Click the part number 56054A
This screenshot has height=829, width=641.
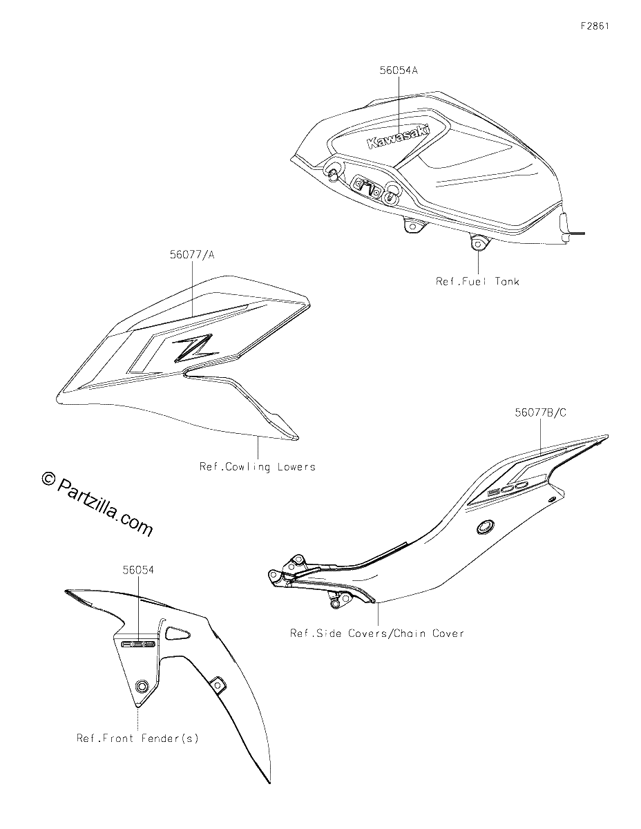coord(399,70)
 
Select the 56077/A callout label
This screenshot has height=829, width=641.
coord(192,255)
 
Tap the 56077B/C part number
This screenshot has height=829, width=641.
coord(540,413)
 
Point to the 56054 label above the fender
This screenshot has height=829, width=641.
coord(138,570)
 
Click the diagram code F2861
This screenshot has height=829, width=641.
coord(595,26)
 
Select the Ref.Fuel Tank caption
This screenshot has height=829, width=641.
coord(477,282)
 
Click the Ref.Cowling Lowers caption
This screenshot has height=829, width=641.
coord(258,467)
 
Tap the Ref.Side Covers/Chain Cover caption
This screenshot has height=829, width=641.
coord(377,633)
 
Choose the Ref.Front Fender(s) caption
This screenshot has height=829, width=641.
coord(137,739)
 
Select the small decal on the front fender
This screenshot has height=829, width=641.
coord(138,645)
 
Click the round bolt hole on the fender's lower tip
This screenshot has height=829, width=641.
coord(142,686)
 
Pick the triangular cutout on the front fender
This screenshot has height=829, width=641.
coord(177,633)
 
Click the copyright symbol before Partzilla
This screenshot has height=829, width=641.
coord(48,478)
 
